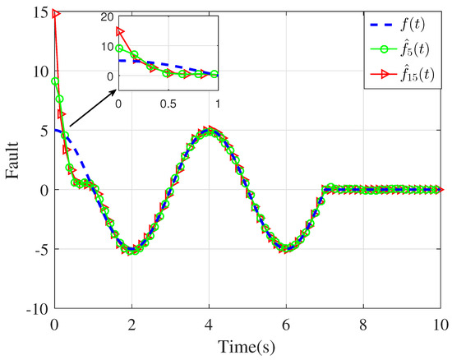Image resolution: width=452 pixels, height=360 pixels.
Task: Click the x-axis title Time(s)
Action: click(x=249, y=348)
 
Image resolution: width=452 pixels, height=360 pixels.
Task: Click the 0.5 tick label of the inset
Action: click(x=168, y=104)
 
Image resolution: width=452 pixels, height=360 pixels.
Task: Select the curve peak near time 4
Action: click(x=210, y=129)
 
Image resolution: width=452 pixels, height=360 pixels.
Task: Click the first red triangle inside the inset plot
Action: click(x=120, y=31)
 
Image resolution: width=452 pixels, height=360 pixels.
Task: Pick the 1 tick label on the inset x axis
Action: click(x=218, y=104)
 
